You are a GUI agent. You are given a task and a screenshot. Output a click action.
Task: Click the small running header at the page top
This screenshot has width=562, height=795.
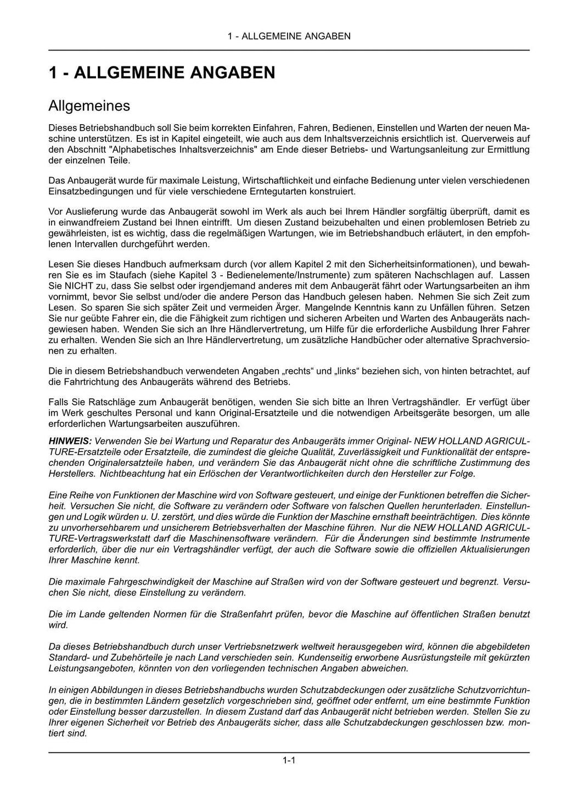point(289,36)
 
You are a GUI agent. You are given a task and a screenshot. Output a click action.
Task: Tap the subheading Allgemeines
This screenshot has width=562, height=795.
point(89,105)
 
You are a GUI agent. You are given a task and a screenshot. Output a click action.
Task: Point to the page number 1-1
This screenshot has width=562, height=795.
point(289,760)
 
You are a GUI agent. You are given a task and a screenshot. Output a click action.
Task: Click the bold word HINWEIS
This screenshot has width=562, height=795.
point(70,441)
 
